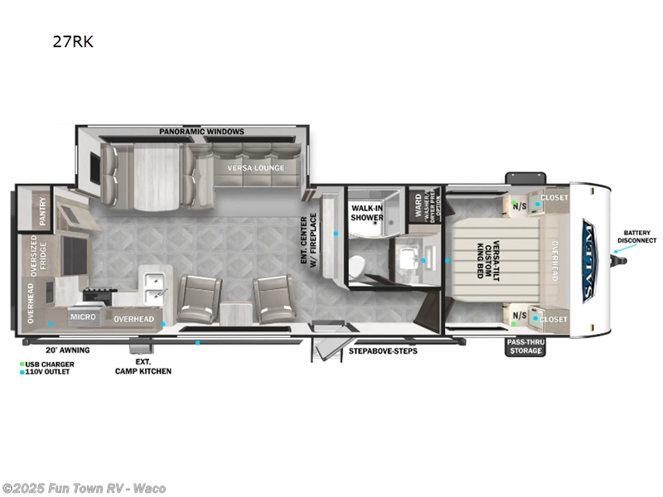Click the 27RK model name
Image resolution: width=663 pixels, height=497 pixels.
tap(73, 42)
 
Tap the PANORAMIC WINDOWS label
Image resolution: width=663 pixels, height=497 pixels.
tap(202, 132)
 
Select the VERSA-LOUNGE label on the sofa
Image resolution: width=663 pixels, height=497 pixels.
tap(256, 168)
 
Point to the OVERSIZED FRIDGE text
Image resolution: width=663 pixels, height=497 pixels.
tap(35, 258)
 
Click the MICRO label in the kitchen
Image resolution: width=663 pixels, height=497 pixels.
tap(82, 317)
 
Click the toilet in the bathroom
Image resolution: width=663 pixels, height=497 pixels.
tap(354, 266)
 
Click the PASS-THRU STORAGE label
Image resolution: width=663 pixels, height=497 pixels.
tap(525, 346)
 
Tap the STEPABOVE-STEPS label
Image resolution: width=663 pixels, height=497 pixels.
tap(382, 350)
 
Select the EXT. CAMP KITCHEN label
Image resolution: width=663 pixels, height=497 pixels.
tap(143, 366)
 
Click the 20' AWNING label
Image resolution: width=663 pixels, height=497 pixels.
tap(67, 350)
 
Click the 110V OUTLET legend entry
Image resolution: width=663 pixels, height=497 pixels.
tap(48, 372)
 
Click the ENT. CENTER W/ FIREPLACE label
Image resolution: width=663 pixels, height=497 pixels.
tap(309, 240)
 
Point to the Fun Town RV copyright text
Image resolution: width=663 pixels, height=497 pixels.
tap(85, 488)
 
